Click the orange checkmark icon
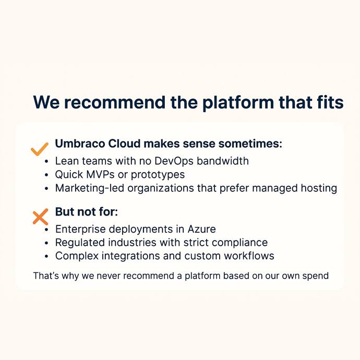tap(40, 150)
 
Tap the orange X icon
tap(40, 217)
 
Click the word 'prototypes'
tap(158, 175)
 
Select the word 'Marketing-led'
tap(88, 188)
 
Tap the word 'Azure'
tap(201, 229)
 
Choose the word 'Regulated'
tap(80, 243)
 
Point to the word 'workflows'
tap(247, 256)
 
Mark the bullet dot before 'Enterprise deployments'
tap(47, 230)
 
